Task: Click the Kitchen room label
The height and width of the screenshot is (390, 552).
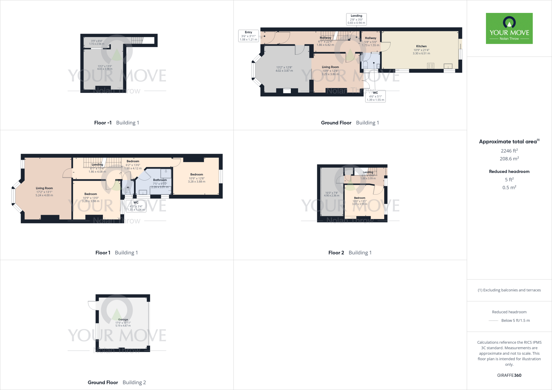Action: pyautogui.click(x=421, y=46)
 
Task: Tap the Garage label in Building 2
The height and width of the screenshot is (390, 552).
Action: pyautogui.click(x=123, y=319)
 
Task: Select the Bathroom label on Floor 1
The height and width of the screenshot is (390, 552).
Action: pyautogui.click(x=160, y=180)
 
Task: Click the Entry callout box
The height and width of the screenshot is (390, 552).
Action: pyautogui.click(x=249, y=36)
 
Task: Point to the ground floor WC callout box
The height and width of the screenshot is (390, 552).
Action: pyautogui.click(x=375, y=96)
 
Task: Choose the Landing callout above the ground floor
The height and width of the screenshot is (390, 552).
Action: pyautogui.click(x=356, y=19)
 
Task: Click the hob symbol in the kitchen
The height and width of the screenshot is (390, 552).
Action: pyautogui.click(x=430, y=65)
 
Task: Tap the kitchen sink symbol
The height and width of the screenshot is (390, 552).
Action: pyautogui.click(x=448, y=66)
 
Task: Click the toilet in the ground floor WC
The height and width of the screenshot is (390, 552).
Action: pyautogui.click(x=365, y=65)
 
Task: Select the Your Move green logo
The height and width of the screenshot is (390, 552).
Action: pyautogui.click(x=509, y=28)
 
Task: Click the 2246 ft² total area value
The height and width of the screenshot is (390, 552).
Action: pyautogui.click(x=509, y=151)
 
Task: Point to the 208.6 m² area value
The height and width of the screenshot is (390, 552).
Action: pyautogui.click(x=509, y=159)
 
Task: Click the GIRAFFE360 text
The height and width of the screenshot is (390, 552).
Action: pyautogui.click(x=509, y=375)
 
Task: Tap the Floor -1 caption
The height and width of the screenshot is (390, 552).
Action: pyautogui.click(x=103, y=123)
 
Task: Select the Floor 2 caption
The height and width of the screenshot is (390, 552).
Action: pyautogui.click(x=336, y=253)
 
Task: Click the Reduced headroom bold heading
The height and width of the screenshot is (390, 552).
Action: pyautogui.click(x=509, y=172)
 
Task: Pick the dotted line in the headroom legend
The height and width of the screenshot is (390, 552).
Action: pyautogui.click(x=493, y=321)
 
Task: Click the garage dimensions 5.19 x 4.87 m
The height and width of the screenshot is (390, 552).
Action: pyautogui.click(x=123, y=326)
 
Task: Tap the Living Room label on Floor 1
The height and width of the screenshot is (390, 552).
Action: pyautogui.click(x=44, y=188)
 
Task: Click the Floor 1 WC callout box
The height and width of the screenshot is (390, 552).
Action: pyautogui.click(x=136, y=206)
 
